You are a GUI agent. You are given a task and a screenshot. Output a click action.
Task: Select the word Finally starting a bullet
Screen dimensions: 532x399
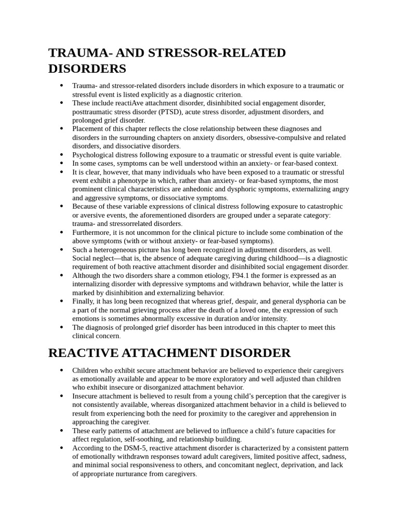pyautogui.click(x=84, y=301)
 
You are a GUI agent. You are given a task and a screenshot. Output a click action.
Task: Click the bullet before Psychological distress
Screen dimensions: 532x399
pyautogui.click(x=62, y=155)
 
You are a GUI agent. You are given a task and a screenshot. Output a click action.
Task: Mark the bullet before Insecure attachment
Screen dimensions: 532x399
pyautogui.click(x=62, y=396)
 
